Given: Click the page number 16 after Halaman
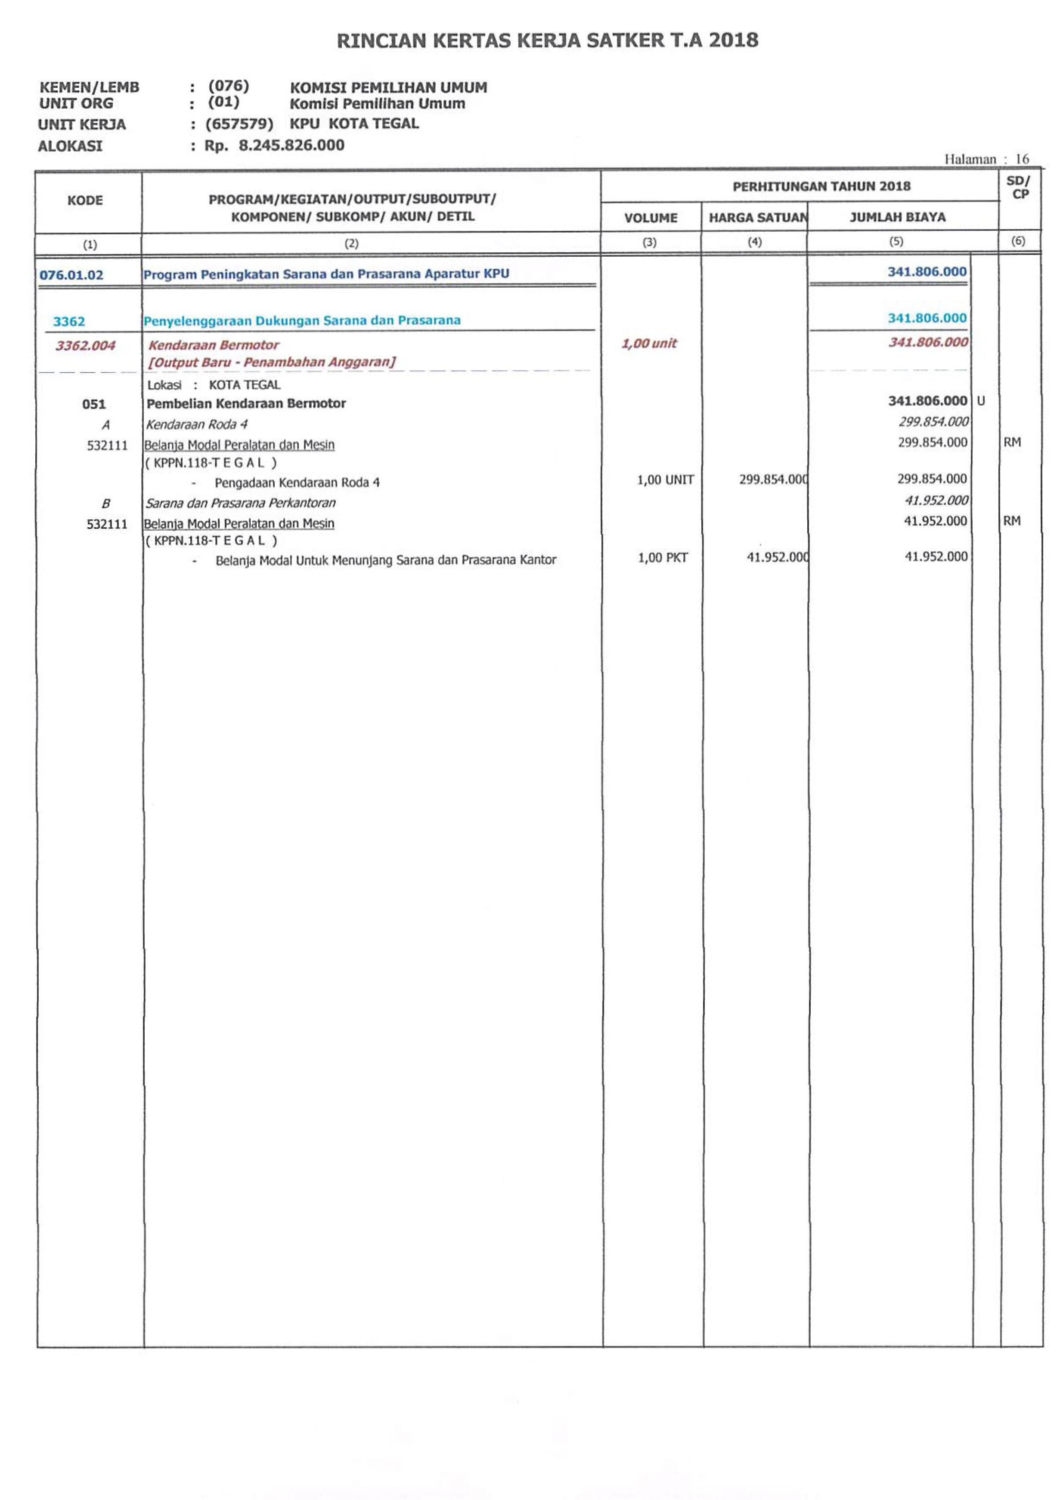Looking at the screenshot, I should (1022, 159).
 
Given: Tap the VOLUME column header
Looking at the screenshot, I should (651, 218).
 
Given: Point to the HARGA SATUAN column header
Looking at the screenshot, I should (757, 218).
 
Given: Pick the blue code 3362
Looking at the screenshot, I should (69, 321).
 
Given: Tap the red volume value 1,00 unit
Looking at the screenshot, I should (649, 344).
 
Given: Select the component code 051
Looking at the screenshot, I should (93, 404).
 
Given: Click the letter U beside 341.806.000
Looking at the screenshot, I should (980, 401).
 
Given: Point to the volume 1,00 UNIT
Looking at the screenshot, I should (665, 480).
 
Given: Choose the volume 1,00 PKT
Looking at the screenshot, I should (663, 558).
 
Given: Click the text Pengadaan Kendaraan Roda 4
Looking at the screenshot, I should (297, 482).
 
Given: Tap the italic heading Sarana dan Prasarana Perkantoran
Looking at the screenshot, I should (240, 503).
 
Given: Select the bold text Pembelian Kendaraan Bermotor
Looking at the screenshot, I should (246, 404).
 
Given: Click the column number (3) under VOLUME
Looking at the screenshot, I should (649, 242).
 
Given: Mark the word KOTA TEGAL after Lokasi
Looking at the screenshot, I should (244, 385).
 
